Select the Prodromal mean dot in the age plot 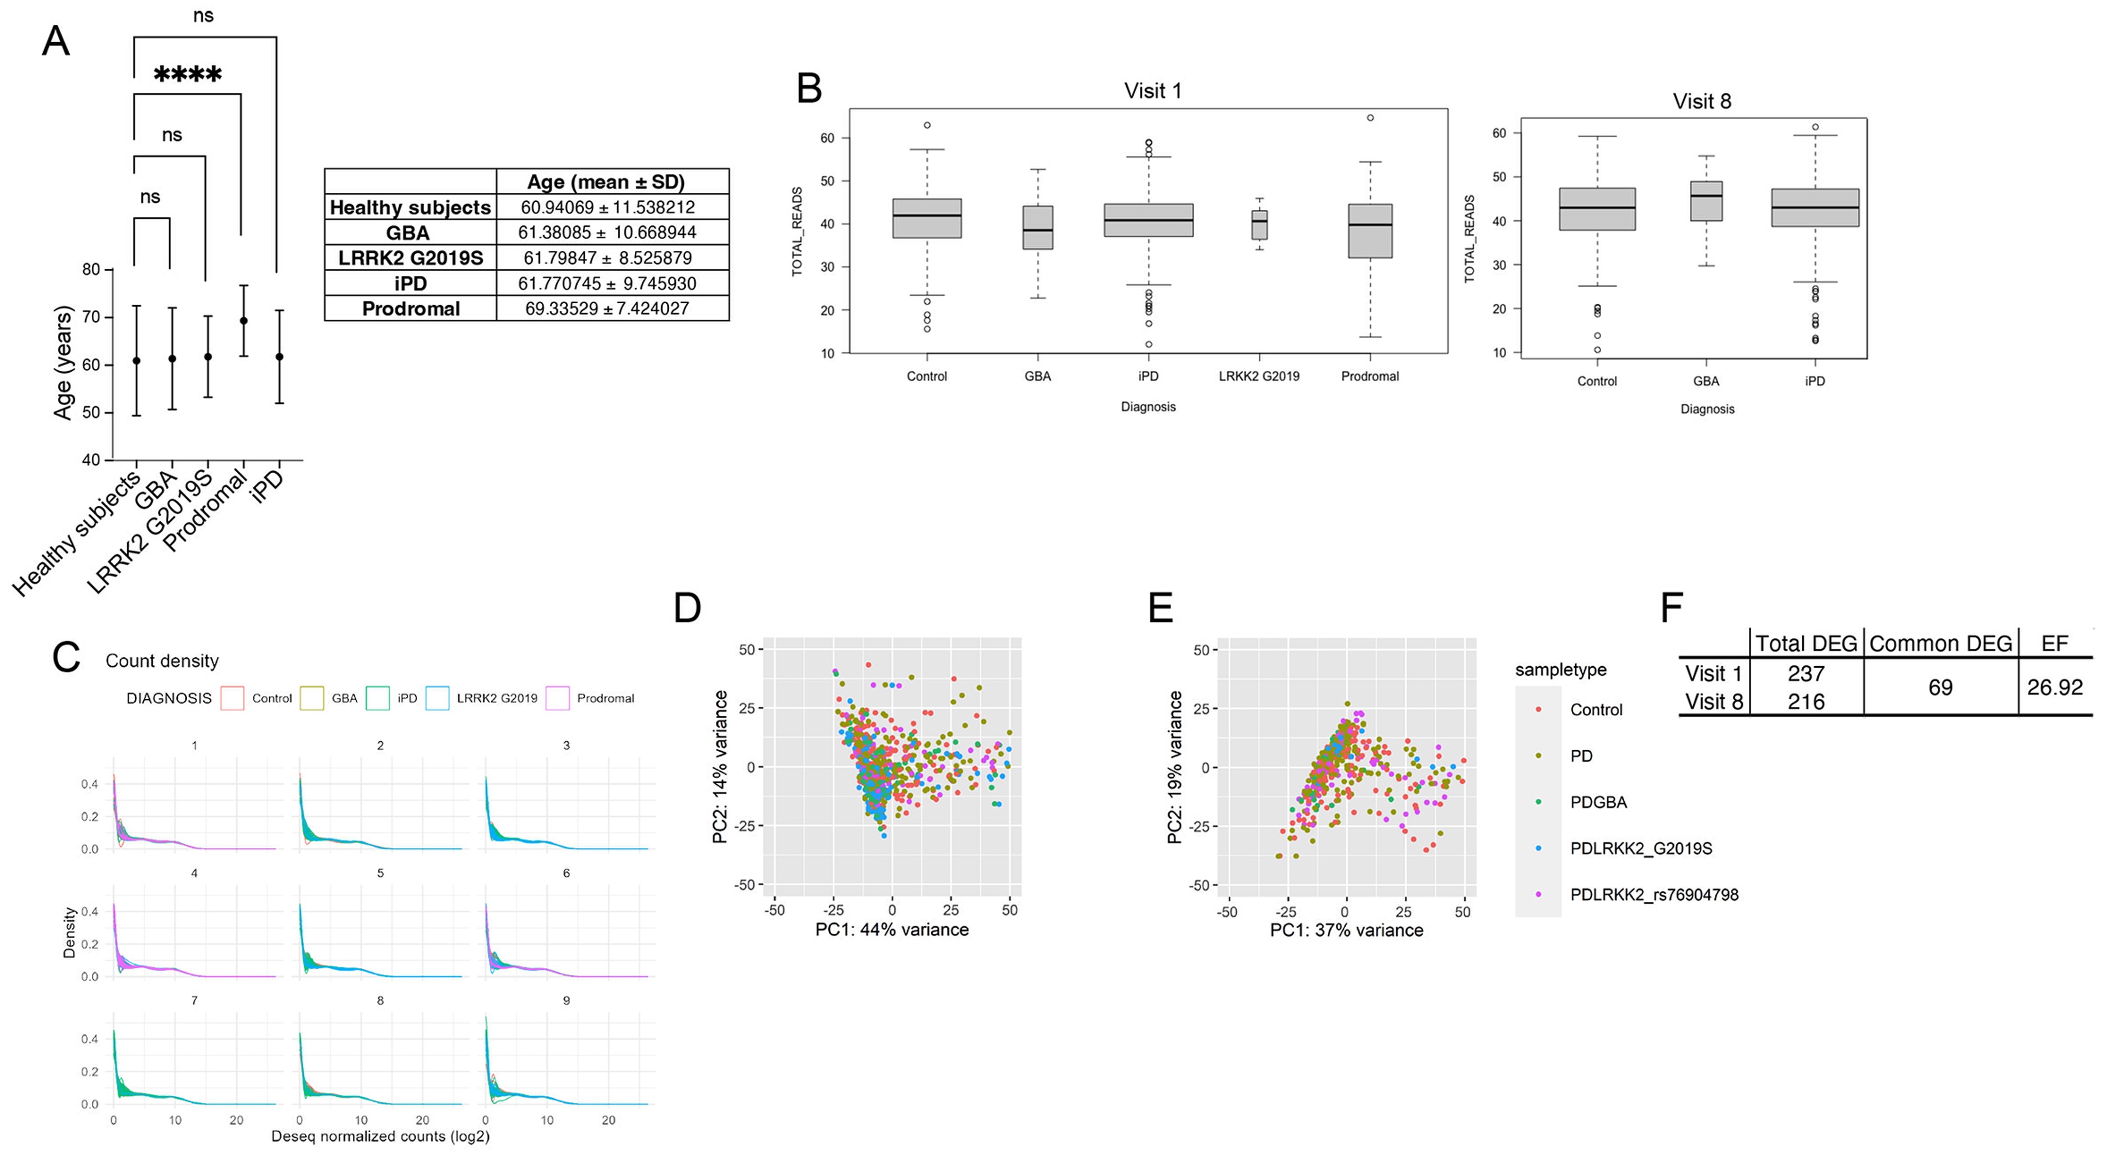click(244, 321)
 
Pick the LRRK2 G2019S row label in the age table click(411, 258)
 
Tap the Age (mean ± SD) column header click(605, 182)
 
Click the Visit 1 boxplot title click(1152, 91)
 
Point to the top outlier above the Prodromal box click(1370, 118)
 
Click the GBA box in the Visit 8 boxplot click(1706, 201)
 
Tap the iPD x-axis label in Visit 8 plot click(1814, 381)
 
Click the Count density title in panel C click(162, 661)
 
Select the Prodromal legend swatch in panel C click(558, 698)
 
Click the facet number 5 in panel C click(381, 873)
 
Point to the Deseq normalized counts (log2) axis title click(381, 1136)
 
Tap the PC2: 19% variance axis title click(1175, 767)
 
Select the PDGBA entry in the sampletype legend click(1598, 802)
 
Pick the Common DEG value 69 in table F click(1940, 687)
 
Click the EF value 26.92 click(2054, 687)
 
